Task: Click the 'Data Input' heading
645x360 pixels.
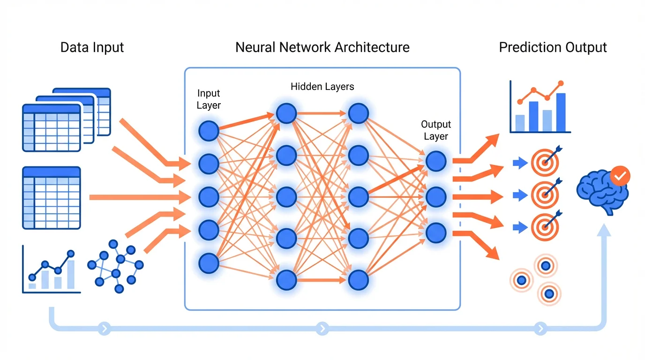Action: [x=92, y=47]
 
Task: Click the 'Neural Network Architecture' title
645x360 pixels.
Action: [x=322, y=47]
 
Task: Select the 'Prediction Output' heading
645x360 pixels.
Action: [x=553, y=47]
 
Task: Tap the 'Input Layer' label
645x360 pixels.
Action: [x=209, y=99]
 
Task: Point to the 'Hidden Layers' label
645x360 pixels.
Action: [x=322, y=86]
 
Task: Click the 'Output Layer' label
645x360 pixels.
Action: [x=436, y=130]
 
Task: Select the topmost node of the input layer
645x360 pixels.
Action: [x=209, y=131]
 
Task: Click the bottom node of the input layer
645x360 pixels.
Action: [x=209, y=263]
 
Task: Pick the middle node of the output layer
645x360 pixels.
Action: [x=436, y=196]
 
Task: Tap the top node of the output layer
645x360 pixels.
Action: [x=436, y=161]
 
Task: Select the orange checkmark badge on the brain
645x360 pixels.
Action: [x=620, y=176]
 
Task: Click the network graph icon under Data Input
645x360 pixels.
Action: [x=115, y=265]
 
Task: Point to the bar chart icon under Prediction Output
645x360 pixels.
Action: [x=540, y=107]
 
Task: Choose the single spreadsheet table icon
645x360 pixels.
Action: [x=52, y=198]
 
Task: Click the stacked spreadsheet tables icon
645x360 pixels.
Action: [x=66, y=120]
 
